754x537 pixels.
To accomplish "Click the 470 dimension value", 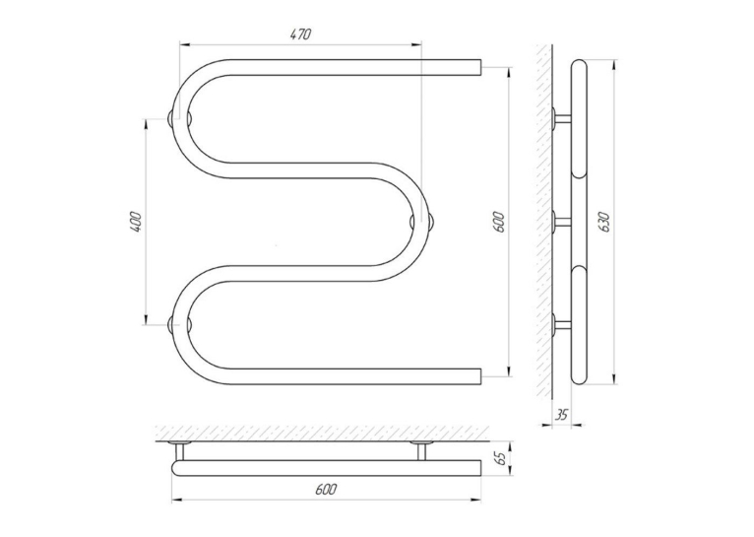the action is click(x=301, y=34).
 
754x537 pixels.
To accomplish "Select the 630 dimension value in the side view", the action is click(x=604, y=222).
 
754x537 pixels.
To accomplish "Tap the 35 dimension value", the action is click(x=561, y=414).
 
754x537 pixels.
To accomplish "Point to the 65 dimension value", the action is click(x=500, y=457).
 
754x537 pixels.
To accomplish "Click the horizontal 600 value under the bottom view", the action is click(x=326, y=490).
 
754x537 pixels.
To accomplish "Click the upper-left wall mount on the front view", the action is click(x=179, y=118).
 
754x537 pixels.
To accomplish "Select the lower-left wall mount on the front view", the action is click(x=179, y=325).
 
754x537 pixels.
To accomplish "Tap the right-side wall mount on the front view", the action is click(x=422, y=222).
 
